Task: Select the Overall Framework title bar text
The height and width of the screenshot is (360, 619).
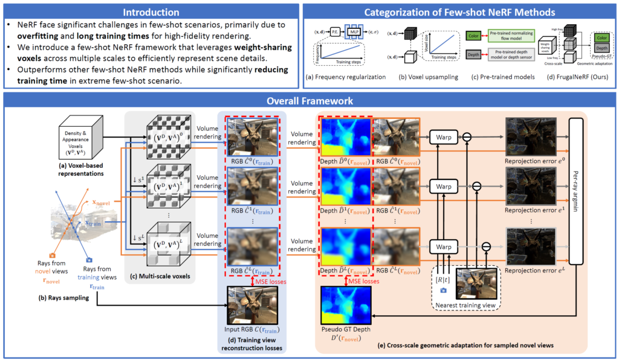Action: (309, 101)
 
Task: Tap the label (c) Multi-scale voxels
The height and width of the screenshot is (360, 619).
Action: (159, 277)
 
